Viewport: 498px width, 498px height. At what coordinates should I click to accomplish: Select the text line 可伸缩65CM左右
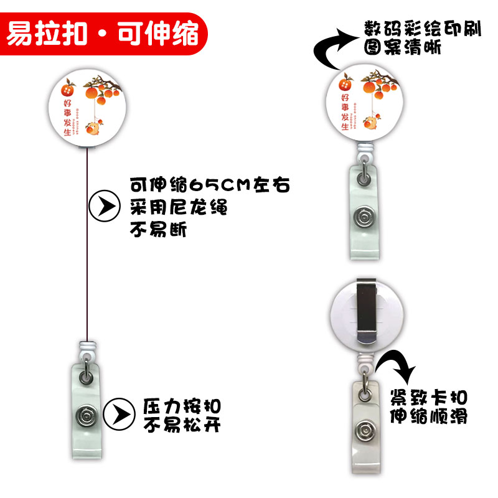pos(209,185)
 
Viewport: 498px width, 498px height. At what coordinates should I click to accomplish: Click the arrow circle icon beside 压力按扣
pos(120,414)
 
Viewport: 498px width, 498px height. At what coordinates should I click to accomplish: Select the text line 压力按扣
pos(182,405)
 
